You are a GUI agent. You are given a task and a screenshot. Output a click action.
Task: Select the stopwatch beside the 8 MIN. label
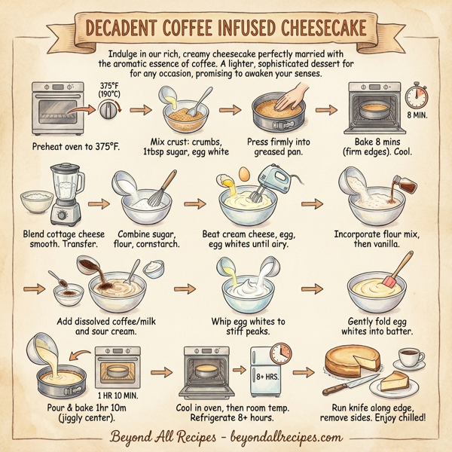pos(418,95)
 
